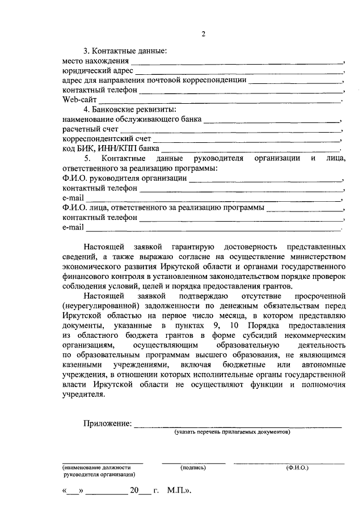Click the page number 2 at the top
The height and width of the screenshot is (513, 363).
click(202, 33)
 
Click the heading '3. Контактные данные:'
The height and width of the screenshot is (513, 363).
click(125, 52)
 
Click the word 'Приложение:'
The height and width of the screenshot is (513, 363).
click(107, 423)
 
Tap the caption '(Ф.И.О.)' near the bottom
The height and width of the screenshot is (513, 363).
click(297, 468)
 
